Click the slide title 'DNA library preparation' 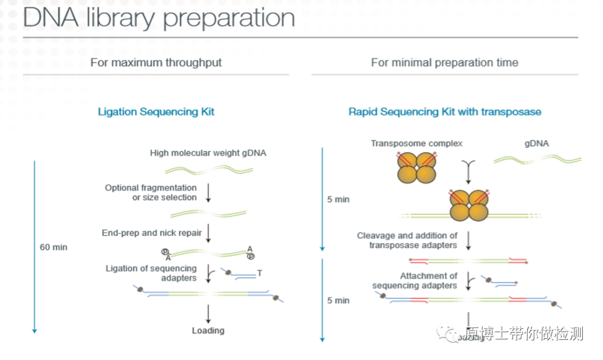pos(159,18)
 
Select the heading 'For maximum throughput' pos(156,63)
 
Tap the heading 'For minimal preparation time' pos(444,63)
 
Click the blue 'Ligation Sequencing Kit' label pos(156,112)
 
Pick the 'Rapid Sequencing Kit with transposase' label pos(444,112)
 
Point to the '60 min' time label pos(54,247)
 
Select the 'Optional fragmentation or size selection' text pos(151,193)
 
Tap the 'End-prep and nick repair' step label pos(151,233)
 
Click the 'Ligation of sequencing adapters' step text pos(151,273)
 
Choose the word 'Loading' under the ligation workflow pos(208,330)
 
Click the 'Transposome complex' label pos(417,143)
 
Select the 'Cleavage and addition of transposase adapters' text pos(407,240)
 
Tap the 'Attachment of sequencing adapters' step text pos(414,280)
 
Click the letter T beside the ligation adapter pos(260,273)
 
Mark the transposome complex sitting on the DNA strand pos(470,206)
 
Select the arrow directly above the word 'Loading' pos(208,314)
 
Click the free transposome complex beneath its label pos(416,167)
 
